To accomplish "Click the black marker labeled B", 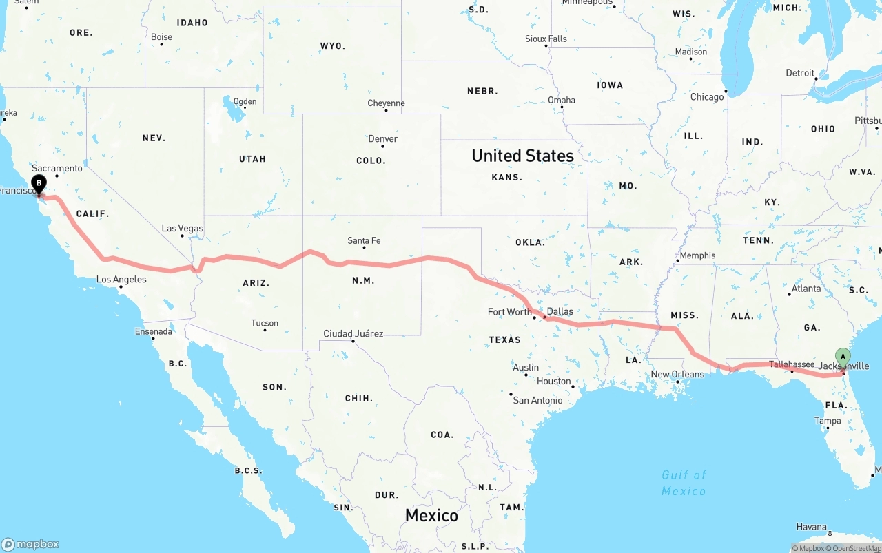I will point(39,185).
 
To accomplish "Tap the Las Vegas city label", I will point(182,228).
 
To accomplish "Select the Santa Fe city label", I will point(364,240).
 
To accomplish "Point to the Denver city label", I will point(383,138).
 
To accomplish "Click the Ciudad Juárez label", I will point(353,333).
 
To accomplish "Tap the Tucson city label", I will point(265,323).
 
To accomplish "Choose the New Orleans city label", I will point(677,374).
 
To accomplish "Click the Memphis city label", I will point(697,255).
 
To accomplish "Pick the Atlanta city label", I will point(806,289).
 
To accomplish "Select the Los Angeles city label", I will point(121,279).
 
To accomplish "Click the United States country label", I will point(522,156).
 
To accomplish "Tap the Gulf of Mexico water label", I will point(684,483).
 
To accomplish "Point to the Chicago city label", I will point(707,97).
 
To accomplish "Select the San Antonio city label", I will point(537,400).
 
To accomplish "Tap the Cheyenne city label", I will point(386,103).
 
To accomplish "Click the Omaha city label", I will point(561,100).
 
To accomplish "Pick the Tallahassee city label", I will point(792,364).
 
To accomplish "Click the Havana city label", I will point(811,527).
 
